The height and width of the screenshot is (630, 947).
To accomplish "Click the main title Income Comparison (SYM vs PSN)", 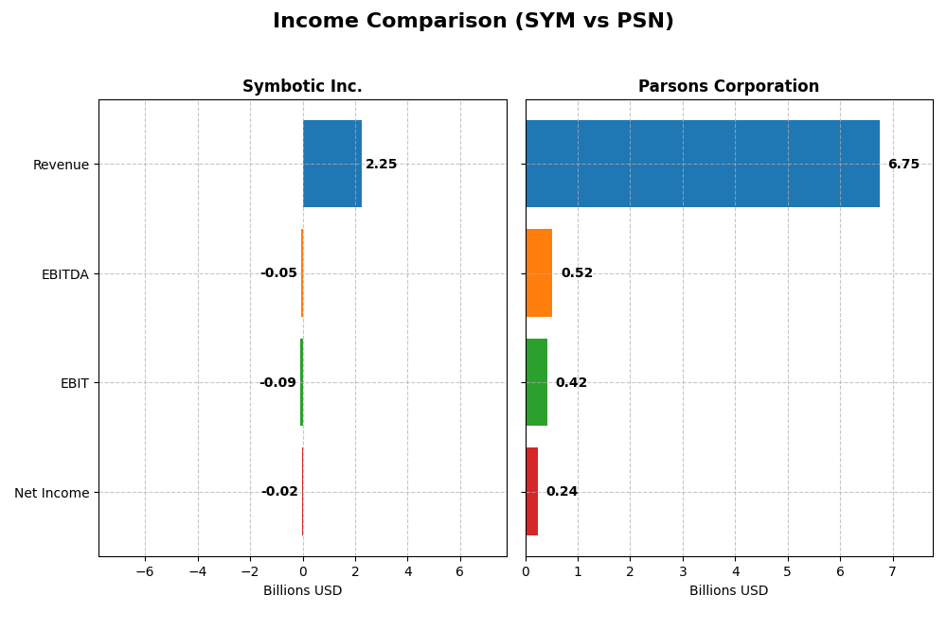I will click(x=473, y=21).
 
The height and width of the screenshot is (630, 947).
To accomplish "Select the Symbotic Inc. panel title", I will click(x=302, y=86).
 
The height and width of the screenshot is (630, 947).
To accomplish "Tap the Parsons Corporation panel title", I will click(x=728, y=86).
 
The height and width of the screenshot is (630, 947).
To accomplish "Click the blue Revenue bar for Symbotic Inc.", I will click(x=331, y=164).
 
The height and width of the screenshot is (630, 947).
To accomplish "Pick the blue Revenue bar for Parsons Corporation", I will click(x=702, y=164).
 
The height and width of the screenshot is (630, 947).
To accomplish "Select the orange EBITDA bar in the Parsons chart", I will click(x=539, y=272).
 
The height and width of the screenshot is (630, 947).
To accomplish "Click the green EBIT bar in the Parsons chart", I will click(x=536, y=382).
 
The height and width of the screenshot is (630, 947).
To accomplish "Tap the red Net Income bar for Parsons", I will click(x=531, y=491).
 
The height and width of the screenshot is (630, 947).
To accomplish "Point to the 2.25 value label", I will click(x=382, y=165).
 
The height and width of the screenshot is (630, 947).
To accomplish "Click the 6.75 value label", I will click(x=903, y=165).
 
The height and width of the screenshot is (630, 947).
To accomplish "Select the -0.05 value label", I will click(x=278, y=273).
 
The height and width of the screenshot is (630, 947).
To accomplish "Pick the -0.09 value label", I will click(x=277, y=383).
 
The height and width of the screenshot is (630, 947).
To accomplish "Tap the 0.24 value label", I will click(x=562, y=492).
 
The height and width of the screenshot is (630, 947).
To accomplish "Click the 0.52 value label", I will click(x=577, y=273).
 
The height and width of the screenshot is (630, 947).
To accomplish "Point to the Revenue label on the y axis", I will click(x=61, y=165).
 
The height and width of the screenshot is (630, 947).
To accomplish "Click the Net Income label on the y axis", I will click(x=52, y=492).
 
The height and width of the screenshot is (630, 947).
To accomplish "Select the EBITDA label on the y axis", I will click(x=64, y=273).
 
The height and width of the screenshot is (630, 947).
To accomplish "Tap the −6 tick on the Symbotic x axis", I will click(x=145, y=571).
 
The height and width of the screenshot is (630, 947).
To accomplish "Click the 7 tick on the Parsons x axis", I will click(x=892, y=571).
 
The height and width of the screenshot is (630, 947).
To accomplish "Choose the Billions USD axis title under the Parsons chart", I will click(x=728, y=590).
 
